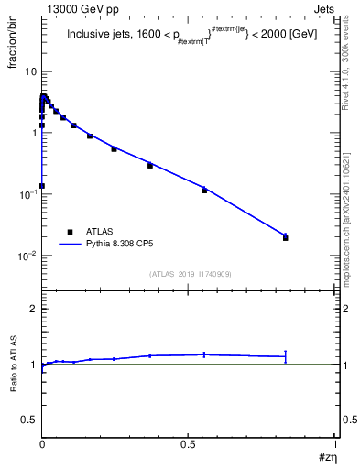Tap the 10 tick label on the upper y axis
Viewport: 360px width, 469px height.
click(x=31, y=71)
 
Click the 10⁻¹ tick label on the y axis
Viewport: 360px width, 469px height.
click(x=28, y=194)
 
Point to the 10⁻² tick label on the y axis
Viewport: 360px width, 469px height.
click(x=28, y=256)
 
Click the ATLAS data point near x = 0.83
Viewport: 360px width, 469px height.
click(x=285, y=238)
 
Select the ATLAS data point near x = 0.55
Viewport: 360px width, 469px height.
click(x=204, y=190)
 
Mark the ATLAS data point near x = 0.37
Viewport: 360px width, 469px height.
click(x=150, y=166)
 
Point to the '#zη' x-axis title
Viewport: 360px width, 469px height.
click(x=326, y=457)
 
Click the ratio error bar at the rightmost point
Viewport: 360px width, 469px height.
click(x=286, y=356)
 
